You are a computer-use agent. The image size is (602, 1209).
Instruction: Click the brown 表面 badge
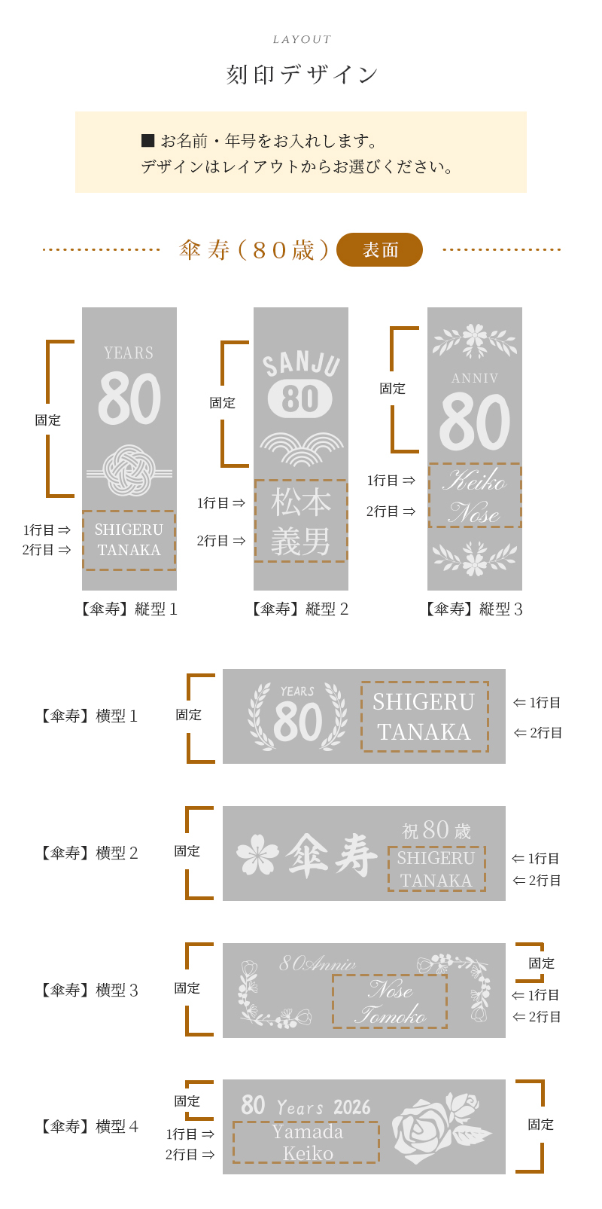point(379,249)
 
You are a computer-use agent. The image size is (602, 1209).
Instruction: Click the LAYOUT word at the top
point(302,39)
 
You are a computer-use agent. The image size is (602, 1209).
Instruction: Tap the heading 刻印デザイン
point(302,75)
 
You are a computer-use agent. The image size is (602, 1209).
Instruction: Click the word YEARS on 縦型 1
point(129,353)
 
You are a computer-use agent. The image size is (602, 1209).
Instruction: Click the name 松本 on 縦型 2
point(301,502)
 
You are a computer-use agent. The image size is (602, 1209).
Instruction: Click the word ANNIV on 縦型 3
point(475,378)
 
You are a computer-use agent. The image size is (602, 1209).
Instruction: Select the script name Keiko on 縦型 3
point(474,480)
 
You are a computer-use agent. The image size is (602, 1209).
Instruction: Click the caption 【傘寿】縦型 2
point(301,609)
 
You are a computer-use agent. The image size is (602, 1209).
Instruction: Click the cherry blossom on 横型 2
point(257,854)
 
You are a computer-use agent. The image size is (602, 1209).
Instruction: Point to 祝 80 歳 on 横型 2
point(436,830)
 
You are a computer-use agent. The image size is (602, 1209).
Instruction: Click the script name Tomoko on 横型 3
point(391,1015)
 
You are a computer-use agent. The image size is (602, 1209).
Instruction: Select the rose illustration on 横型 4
point(442,1127)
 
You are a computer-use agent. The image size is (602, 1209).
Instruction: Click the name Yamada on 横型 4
point(308,1132)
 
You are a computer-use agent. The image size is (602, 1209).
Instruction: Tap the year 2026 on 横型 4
point(352,1107)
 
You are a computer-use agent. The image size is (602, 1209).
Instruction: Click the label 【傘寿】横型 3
point(90,990)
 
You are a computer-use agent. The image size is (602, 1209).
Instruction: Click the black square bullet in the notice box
point(147,140)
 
